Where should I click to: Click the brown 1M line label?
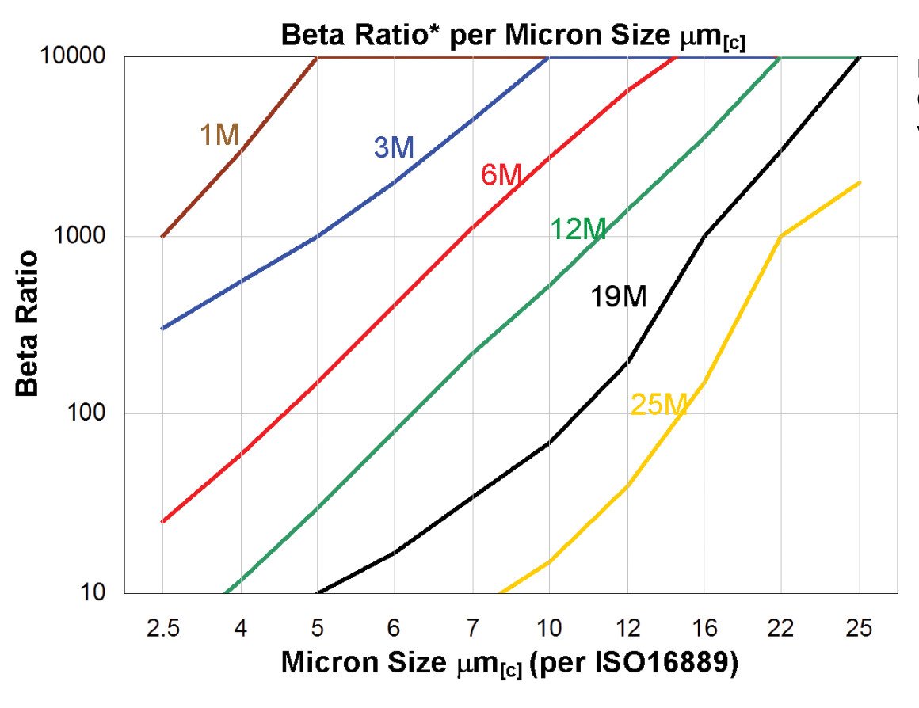point(219,135)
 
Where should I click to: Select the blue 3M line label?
point(394,147)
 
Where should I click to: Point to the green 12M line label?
point(578,230)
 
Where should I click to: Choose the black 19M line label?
point(618,297)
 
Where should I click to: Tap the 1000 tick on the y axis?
point(82,236)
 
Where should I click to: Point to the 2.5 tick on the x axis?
point(162,629)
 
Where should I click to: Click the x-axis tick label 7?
point(472,629)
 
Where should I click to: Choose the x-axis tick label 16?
point(704,629)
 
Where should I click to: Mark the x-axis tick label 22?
point(781,629)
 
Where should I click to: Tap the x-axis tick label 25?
point(859,629)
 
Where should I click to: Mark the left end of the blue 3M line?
point(162,328)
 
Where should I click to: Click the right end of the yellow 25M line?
point(860,182)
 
